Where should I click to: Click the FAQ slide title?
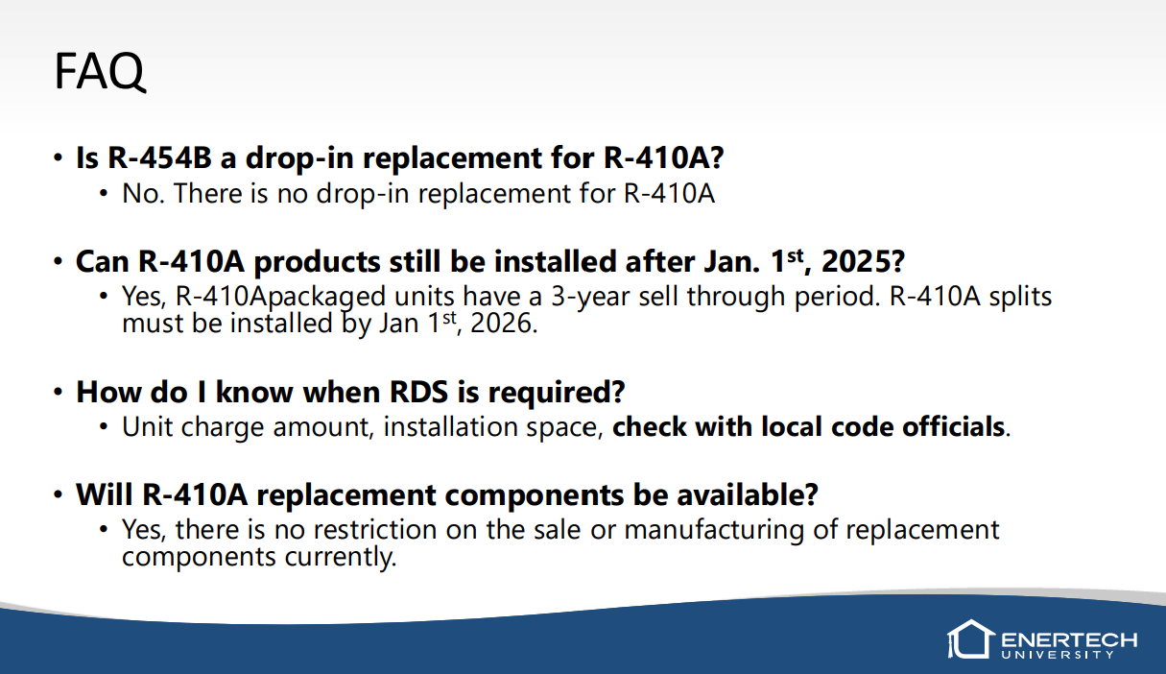100,71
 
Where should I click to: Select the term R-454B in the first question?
160,157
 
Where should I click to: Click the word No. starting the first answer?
143,193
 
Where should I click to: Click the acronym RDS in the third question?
418,392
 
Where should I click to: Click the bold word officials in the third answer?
953,426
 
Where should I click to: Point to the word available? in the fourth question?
748,494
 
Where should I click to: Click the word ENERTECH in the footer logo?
1069,639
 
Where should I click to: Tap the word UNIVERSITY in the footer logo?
1058,655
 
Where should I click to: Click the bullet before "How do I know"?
59,392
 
